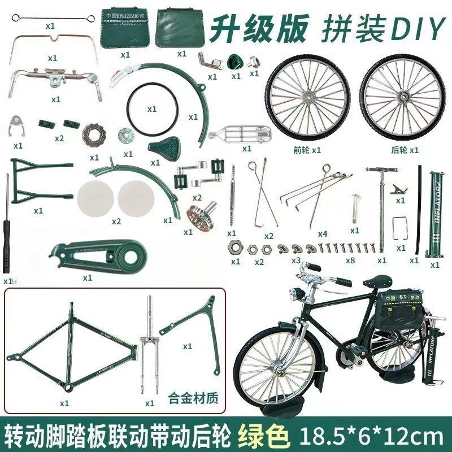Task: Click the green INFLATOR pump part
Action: pos(436,215)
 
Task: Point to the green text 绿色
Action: pos(266,436)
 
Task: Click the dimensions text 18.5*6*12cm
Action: pos(370,436)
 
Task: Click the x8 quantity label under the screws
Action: pos(350,261)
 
